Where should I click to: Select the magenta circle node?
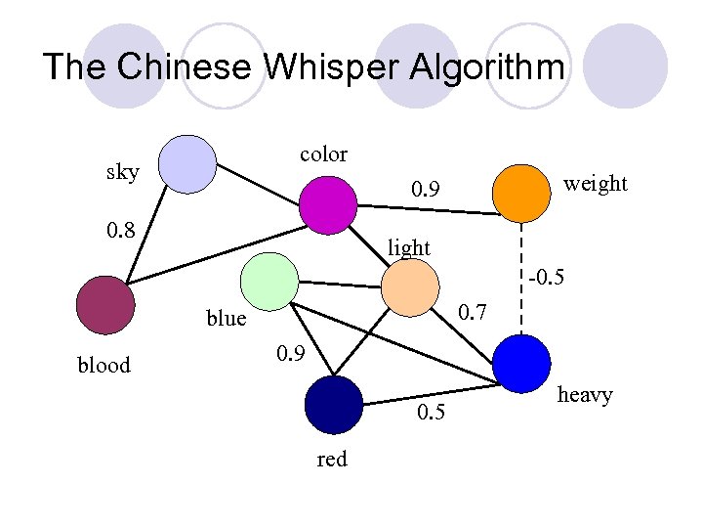coord(327,205)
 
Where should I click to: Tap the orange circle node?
coord(521,193)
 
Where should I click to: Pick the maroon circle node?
coord(104,305)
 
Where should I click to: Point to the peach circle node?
coord(410,288)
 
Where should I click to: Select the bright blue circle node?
coord(522,364)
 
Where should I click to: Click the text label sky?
coord(122,173)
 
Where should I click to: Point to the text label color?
coord(323,154)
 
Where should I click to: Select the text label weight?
coord(596,183)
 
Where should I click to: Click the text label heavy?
coord(585,395)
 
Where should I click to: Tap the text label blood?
coord(103,366)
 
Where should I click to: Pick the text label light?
coord(408,248)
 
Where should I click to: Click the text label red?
coord(332,459)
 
